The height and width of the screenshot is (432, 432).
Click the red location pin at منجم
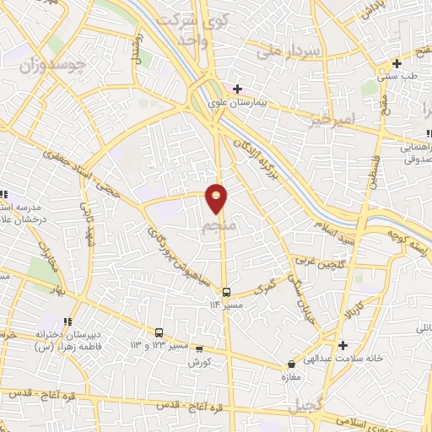pyautogui.click(x=217, y=197)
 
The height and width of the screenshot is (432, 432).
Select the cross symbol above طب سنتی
pyautogui.click(x=396, y=64)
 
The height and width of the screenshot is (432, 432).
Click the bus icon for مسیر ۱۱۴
pyautogui.click(x=225, y=292)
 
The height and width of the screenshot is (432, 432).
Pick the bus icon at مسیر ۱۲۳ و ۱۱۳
pyautogui.click(x=159, y=332)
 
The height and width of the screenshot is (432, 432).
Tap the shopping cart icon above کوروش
pyautogui.click(x=199, y=348)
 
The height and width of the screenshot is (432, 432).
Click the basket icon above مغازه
pyautogui.click(x=290, y=364)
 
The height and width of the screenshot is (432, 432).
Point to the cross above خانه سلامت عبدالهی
pyautogui.click(x=343, y=345)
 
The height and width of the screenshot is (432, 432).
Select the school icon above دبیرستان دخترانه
pyautogui.click(x=67, y=321)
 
